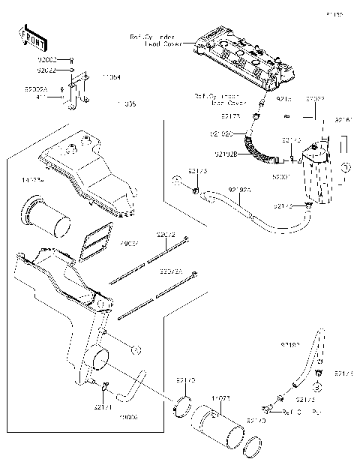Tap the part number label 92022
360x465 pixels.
coord(46,70)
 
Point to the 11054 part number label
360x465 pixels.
coord(112,76)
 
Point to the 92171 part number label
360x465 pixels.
coord(103,407)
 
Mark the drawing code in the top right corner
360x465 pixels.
coord(334,14)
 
